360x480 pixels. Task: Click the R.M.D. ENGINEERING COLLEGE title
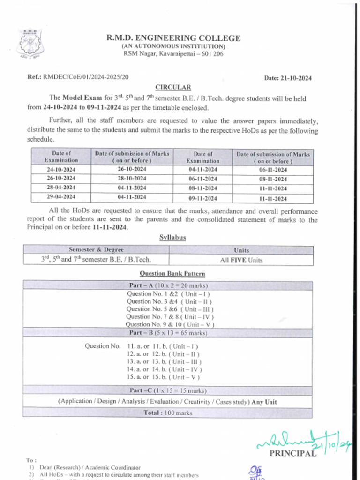[173, 38]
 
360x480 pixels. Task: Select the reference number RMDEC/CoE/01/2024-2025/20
[86, 76]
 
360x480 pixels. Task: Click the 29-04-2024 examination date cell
[61, 196]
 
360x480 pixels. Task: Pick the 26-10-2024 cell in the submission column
[132, 169]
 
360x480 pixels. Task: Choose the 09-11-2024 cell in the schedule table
[203, 198]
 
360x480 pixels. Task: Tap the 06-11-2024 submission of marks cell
[273, 170]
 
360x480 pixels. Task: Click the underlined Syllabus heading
[172, 238]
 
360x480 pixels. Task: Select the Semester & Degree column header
[96, 250]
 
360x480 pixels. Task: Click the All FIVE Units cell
[241, 260]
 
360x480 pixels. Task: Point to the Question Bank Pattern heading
[172, 273]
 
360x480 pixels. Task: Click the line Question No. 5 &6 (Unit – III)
[170, 309]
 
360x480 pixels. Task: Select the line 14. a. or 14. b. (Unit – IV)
[164, 369]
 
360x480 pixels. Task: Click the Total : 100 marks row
[168, 413]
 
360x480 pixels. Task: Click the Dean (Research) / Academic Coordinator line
[90, 467]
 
